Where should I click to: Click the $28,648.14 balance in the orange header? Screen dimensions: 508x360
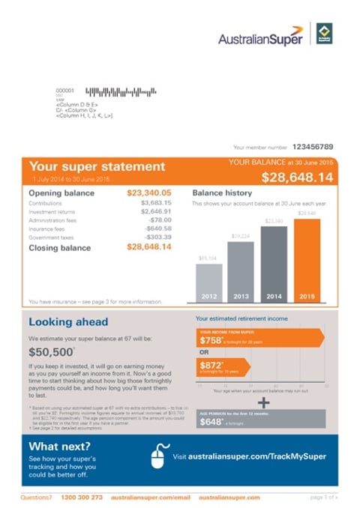pyautogui.click(x=297, y=178)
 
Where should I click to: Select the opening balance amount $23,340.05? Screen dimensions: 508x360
pyautogui.click(x=149, y=193)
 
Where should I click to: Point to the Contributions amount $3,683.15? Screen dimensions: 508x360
pyautogui.click(x=156, y=203)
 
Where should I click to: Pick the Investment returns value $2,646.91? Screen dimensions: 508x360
pyautogui.click(x=156, y=212)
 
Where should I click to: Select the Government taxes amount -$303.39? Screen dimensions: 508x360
pyautogui.click(x=156, y=238)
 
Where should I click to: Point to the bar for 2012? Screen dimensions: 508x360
pyautogui.click(x=208, y=281)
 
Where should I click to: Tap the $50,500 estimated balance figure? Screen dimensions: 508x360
pyautogui.click(x=51, y=351)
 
